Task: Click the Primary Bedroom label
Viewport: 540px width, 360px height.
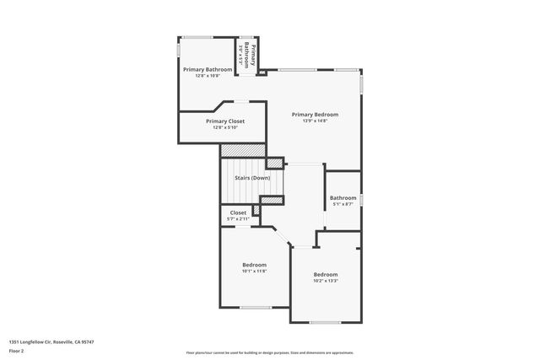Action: click(x=315, y=115)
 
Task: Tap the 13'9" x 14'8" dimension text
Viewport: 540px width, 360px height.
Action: click(x=315, y=121)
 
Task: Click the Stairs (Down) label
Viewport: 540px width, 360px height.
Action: click(x=252, y=178)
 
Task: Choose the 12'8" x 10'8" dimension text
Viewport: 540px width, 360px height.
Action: click(x=208, y=76)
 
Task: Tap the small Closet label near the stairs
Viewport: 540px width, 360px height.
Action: click(x=238, y=212)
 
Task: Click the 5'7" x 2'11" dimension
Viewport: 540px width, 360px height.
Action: click(x=238, y=219)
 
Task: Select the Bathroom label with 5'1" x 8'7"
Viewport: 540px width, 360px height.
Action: click(x=343, y=198)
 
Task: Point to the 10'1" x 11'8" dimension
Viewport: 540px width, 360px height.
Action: click(x=254, y=271)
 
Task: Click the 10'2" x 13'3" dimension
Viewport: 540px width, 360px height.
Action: click(x=326, y=281)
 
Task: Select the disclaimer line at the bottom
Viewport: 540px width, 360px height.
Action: click(x=270, y=352)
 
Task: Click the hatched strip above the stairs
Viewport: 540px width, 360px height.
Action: click(x=243, y=150)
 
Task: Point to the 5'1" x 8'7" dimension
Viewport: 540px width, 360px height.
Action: click(x=343, y=204)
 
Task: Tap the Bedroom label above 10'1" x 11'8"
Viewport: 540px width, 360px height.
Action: click(x=254, y=265)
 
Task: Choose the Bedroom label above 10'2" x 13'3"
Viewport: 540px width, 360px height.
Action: click(x=326, y=275)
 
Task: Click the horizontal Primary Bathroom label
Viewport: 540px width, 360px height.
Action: click(x=208, y=69)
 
